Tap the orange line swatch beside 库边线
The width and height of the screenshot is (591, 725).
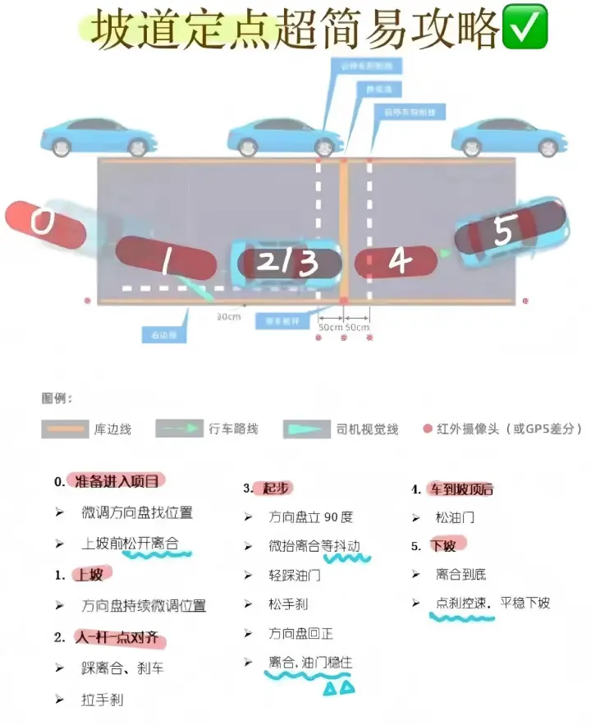(x=63, y=429)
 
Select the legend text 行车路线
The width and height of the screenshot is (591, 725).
(x=234, y=429)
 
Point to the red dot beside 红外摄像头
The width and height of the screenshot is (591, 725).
(x=426, y=429)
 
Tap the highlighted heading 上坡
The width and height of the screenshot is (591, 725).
(x=91, y=575)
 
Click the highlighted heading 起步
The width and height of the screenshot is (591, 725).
(x=277, y=489)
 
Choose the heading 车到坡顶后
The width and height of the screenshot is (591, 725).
(x=462, y=489)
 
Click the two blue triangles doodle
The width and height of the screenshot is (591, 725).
(x=338, y=687)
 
